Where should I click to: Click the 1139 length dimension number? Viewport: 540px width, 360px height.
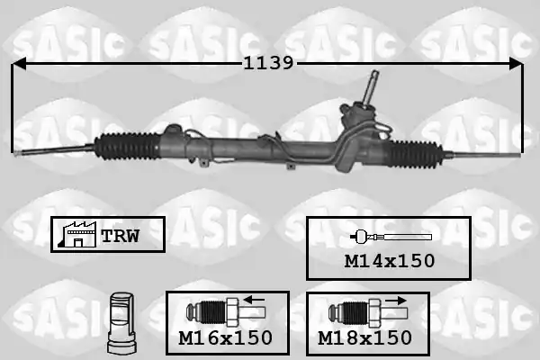pyautogui.click(x=268, y=63)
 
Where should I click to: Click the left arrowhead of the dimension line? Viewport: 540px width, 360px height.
pyautogui.click(x=19, y=64)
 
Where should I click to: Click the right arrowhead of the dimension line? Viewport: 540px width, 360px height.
pyautogui.click(x=516, y=64)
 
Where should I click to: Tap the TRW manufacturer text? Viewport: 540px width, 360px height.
pyautogui.click(x=121, y=236)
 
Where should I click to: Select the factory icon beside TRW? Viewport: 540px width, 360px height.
pyautogui.click(x=77, y=234)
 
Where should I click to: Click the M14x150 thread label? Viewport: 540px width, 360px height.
pyautogui.click(x=390, y=261)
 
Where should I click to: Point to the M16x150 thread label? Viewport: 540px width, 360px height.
pyautogui.click(x=226, y=337)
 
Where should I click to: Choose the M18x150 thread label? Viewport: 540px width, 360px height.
pyautogui.click(x=364, y=337)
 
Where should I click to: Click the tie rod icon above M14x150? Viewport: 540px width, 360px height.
pyautogui.click(x=391, y=237)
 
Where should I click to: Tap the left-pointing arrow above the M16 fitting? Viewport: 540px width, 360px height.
pyautogui.click(x=254, y=300)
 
